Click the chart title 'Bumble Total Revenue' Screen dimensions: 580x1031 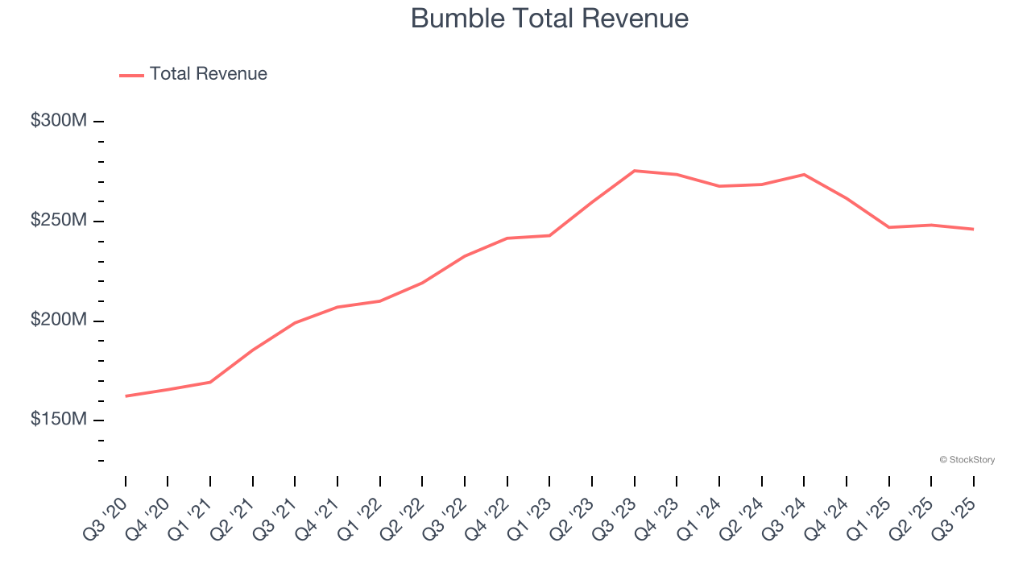point(549,19)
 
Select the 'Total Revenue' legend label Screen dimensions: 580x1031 point(208,74)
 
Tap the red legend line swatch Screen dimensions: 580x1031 point(131,75)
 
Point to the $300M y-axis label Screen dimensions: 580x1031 point(58,121)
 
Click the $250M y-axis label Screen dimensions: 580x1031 point(58,221)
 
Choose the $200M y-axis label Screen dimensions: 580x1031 point(58,321)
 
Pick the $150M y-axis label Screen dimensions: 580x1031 point(58,420)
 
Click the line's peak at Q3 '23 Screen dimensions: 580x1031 point(635,171)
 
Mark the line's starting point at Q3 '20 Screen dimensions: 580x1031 point(126,396)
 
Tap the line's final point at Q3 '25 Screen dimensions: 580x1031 point(974,230)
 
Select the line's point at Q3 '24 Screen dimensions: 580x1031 point(804,175)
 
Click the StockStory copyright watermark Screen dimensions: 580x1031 point(967,460)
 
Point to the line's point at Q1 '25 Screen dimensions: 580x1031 point(889,227)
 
